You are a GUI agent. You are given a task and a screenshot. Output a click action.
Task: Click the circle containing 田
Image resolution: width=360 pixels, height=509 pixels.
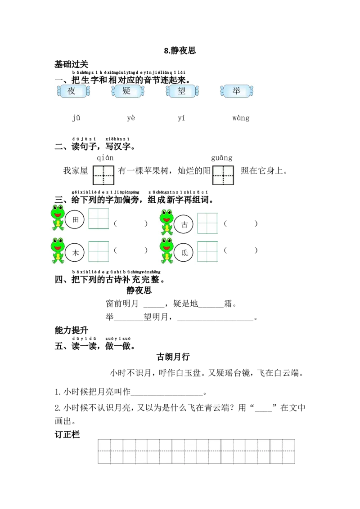(x=75, y=219)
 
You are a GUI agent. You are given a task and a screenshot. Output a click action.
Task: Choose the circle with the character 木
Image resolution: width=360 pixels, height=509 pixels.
(x=75, y=253)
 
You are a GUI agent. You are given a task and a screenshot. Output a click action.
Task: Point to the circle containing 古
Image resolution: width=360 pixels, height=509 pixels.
(x=184, y=224)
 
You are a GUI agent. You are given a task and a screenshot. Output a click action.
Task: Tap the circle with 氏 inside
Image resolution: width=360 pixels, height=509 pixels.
(x=184, y=253)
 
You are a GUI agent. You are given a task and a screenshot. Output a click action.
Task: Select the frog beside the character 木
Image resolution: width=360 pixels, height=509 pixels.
(x=58, y=250)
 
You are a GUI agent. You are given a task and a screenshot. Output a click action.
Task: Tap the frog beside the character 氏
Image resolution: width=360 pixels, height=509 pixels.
(x=166, y=250)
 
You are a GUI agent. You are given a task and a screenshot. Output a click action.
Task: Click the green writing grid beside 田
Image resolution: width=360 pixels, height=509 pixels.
(x=99, y=219)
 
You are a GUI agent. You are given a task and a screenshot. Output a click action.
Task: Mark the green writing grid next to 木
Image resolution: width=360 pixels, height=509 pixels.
(x=99, y=251)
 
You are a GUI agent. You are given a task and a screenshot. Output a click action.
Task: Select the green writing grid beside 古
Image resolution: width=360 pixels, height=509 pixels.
(x=207, y=223)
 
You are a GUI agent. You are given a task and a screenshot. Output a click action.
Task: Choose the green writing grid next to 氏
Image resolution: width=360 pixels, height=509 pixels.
(x=207, y=251)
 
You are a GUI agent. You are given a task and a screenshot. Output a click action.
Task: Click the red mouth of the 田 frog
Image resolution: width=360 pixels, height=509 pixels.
(x=58, y=214)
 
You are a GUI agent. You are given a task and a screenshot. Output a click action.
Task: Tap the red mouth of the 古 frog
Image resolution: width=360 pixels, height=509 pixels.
(x=166, y=219)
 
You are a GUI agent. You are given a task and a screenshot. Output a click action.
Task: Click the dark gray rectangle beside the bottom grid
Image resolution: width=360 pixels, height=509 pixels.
(x=327, y=451)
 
